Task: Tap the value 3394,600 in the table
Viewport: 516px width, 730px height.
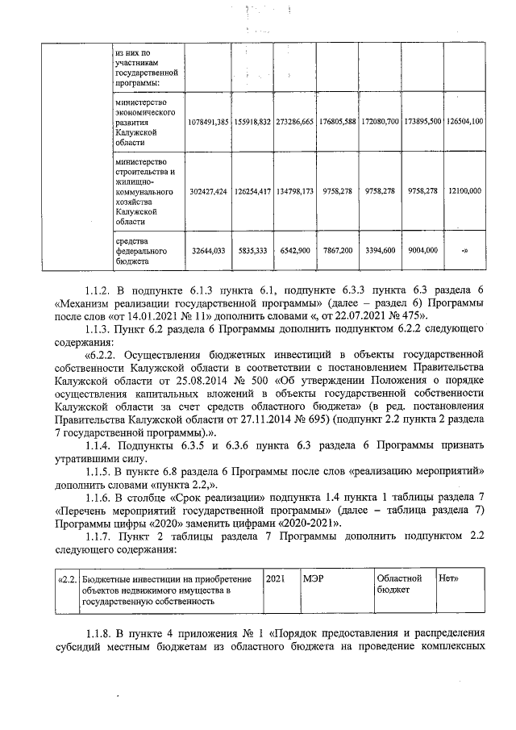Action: click(379, 251)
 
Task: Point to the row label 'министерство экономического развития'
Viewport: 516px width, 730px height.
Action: click(144, 121)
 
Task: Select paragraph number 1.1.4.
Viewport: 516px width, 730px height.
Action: click(100, 445)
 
